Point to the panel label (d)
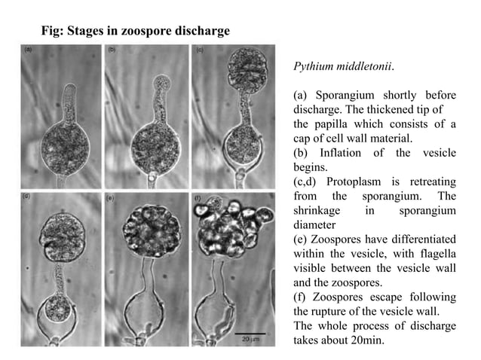[x=27, y=197]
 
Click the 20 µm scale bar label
[x=250, y=340]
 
